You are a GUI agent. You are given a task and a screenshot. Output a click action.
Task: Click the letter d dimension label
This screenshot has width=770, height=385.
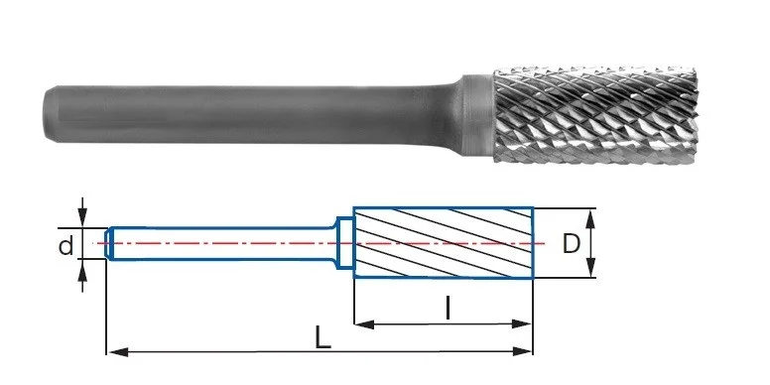[x=65, y=245]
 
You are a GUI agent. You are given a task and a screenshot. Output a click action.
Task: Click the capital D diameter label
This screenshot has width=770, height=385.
[x=571, y=243]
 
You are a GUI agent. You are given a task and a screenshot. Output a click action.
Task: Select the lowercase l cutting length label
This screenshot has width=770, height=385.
[x=447, y=309]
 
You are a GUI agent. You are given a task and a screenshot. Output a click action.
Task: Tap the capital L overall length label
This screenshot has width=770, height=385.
[x=322, y=337]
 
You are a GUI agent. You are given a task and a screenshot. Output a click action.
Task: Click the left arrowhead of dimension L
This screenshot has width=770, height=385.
[x=118, y=351]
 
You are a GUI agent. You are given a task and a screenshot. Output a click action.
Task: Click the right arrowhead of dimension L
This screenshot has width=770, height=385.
[x=522, y=351]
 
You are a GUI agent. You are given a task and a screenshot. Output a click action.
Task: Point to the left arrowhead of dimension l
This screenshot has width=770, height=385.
[x=364, y=324]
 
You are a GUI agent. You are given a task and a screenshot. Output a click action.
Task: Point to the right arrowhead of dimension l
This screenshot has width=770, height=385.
[x=521, y=323]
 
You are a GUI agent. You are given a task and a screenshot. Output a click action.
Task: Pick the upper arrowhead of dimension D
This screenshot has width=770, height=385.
[x=590, y=219]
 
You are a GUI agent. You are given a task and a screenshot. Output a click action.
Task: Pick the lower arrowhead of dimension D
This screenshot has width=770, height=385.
[x=590, y=268]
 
